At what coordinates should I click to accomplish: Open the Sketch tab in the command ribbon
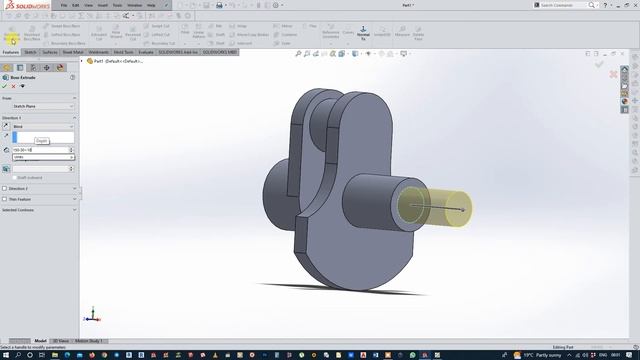coord(30,51)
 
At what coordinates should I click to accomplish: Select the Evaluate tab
coord(145,51)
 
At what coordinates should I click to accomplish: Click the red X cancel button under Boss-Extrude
coord(13,86)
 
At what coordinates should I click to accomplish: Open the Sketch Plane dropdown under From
coord(37,107)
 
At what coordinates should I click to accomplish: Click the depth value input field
coord(40,150)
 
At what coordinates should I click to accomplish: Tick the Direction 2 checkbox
coord(5,188)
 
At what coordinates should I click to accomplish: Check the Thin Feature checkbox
coord(5,199)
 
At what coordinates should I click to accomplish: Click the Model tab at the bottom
coord(41,341)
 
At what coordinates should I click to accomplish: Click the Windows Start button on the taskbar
coord(8,354)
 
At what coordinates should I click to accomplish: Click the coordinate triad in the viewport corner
coord(90,315)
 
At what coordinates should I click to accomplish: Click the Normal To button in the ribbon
coord(363,35)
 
